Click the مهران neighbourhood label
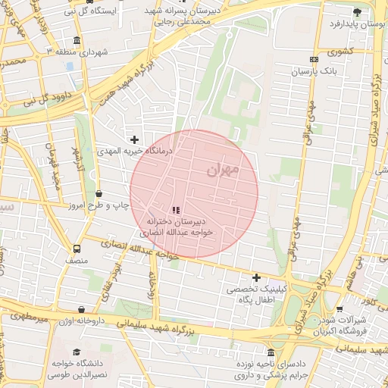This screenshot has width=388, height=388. [x=222, y=169]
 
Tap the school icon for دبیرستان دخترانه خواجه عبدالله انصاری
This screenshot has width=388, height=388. [x=176, y=210]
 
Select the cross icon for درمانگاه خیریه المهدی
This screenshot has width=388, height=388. [x=135, y=139]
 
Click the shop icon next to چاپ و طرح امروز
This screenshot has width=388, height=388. [x=99, y=193]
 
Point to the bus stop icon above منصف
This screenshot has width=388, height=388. [x=76, y=248]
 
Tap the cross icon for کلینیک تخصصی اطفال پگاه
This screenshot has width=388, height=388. [x=256, y=278]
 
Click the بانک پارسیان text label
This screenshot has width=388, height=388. [x=313, y=71]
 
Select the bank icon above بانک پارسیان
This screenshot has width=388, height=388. [x=314, y=59]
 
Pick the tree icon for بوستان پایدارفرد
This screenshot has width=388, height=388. [x=357, y=12]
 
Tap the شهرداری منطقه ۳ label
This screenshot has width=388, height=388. [x=78, y=52]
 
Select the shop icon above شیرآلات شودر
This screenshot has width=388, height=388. [x=339, y=309]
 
